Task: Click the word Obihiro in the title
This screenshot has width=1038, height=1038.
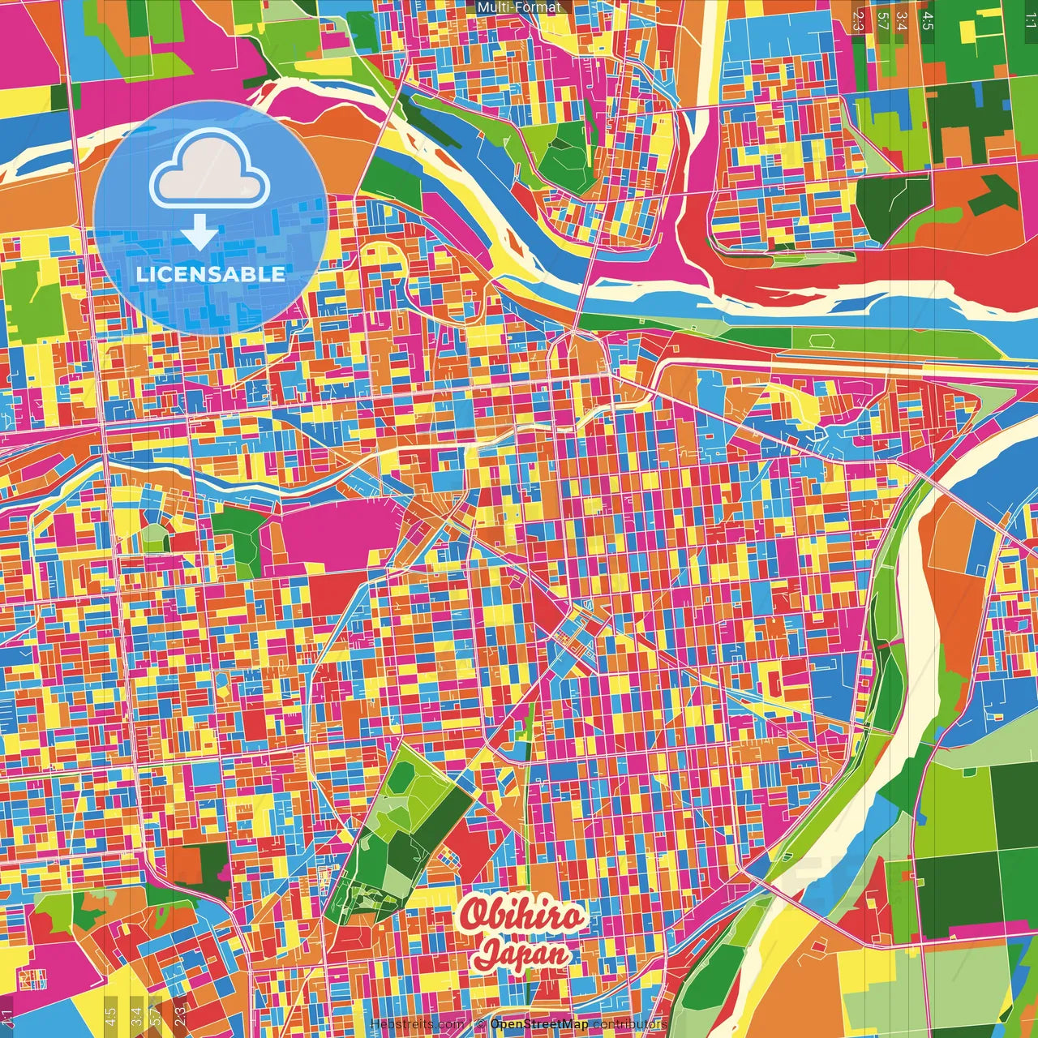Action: click(x=521, y=916)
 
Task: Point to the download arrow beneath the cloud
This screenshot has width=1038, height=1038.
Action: click(x=199, y=234)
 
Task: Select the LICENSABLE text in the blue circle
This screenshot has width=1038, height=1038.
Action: click(x=210, y=274)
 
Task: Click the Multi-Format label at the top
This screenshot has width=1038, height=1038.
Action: click(x=519, y=7)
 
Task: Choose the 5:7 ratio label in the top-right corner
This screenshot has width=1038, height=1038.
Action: click(x=883, y=20)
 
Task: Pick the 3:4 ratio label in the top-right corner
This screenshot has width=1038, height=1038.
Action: click(x=903, y=20)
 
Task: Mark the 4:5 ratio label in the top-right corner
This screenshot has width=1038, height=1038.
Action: click(x=928, y=20)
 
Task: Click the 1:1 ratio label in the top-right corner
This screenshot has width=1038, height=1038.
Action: click(x=1030, y=20)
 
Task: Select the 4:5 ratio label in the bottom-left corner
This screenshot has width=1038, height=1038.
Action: click(x=110, y=1017)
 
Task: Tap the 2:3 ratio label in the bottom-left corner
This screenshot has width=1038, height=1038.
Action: click(x=180, y=1017)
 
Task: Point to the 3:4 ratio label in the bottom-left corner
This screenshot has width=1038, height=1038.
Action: click(x=136, y=1017)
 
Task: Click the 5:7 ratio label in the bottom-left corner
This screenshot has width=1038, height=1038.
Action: click(x=156, y=1017)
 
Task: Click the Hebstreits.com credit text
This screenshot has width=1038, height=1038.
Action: click(x=417, y=1025)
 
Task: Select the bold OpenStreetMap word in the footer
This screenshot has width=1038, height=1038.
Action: click(x=539, y=1025)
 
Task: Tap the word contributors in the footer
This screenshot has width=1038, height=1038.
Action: click(x=630, y=1025)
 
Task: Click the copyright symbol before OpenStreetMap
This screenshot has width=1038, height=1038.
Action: click(x=480, y=1025)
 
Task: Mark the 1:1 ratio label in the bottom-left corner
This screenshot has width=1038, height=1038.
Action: click(x=7, y=1017)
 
